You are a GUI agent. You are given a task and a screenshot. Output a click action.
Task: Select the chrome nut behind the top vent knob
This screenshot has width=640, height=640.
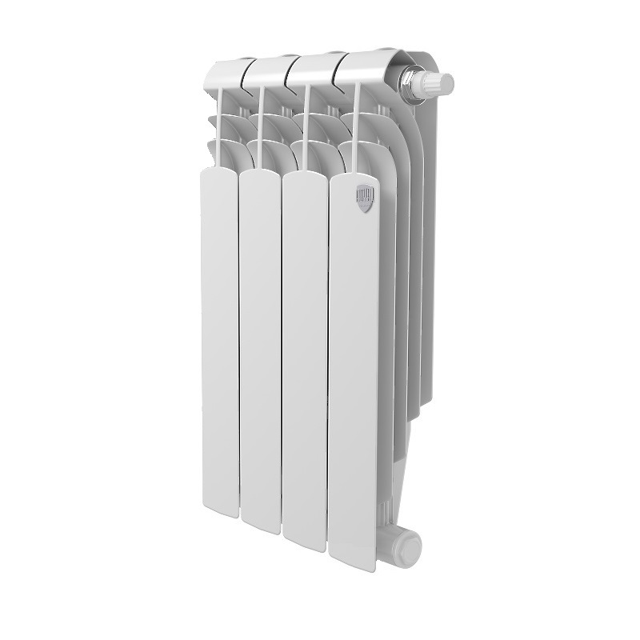(x=414, y=82)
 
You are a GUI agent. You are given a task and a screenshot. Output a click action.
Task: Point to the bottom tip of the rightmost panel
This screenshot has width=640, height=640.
(x=355, y=566)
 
